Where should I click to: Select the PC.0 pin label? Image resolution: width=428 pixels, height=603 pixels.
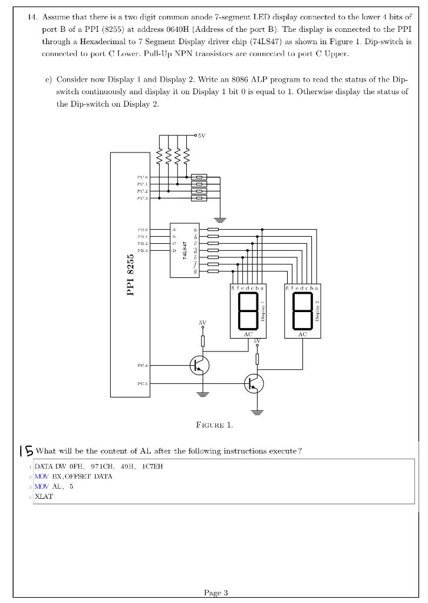[x=143, y=177]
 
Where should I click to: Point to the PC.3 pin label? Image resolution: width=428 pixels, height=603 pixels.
[x=143, y=198]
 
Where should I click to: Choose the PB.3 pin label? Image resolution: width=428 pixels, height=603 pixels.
[x=143, y=250]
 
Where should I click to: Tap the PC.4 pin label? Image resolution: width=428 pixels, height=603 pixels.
[x=143, y=366]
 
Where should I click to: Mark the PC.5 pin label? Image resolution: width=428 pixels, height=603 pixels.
[x=143, y=384]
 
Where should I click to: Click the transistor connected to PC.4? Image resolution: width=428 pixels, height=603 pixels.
[x=199, y=366]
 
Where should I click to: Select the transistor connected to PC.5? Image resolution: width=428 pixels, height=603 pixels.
[x=254, y=384]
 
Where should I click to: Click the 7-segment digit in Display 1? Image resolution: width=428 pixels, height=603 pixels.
[x=248, y=312]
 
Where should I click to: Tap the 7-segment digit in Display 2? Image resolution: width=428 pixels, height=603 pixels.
[x=302, y=312]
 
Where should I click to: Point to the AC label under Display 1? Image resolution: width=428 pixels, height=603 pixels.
[x=248, y=334]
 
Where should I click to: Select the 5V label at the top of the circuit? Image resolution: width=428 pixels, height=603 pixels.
[x=201, y=135]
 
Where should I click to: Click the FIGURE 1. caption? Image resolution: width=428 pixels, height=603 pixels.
[x=214, y=425]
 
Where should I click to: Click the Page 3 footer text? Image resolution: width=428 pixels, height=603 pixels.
[x=215, y=592]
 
